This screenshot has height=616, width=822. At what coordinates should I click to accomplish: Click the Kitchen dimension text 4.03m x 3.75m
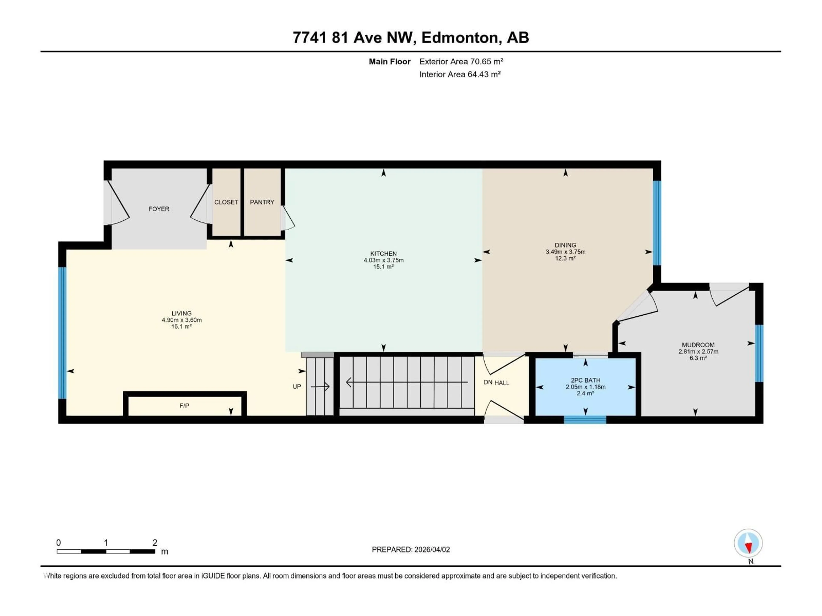(384, 260)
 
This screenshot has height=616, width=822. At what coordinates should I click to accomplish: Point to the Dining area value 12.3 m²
(565, 258)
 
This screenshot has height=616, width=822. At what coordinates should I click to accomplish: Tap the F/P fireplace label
(184, 406)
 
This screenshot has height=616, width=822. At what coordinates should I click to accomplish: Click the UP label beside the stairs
(296, 386)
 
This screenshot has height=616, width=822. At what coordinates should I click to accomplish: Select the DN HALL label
(496, 383)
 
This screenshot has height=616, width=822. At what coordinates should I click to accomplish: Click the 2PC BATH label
(586, 380)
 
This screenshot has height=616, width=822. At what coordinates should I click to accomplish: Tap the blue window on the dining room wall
(657, 223)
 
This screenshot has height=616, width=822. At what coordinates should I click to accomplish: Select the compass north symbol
(748, 543)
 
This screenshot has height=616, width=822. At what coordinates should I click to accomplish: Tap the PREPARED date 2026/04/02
(431, 549)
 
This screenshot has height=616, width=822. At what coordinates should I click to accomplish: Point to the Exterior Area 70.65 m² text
(461, 62)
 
